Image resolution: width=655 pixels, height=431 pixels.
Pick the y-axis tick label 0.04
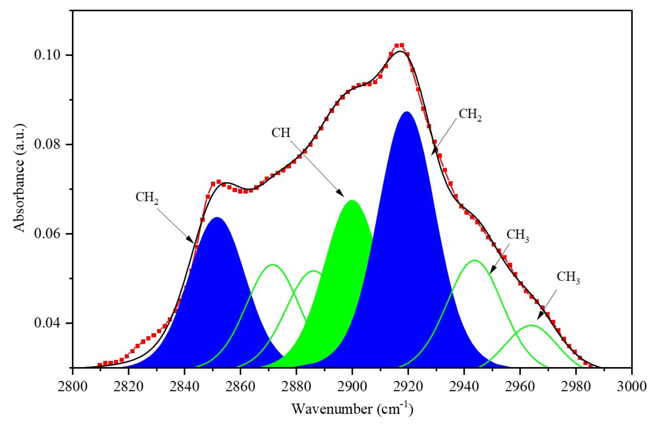pos(47,323)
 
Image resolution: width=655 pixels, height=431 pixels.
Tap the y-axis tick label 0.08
pos(47,144)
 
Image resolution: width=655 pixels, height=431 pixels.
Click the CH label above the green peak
pos(281,133)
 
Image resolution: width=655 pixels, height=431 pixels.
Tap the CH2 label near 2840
pos(147,198)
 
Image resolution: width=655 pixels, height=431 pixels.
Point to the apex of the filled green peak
pos(352,200)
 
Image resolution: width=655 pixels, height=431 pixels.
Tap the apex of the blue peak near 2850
pos(217,217)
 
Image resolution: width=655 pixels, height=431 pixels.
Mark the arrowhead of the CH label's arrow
pos(343,196)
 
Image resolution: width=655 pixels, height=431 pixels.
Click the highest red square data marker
pos(401,45)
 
